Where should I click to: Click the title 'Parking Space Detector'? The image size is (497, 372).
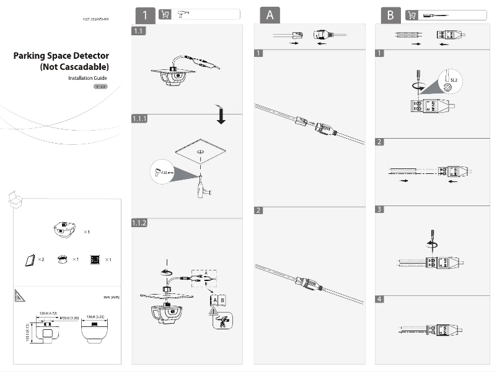coord(61,56)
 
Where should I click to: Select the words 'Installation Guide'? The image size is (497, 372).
coord(87,79)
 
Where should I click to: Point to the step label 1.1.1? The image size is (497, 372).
coord(140,118)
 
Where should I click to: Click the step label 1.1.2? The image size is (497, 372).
coord(140,223)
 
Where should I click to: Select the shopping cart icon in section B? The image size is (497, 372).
coord(411,15)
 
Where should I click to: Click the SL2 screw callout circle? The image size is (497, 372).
coord(451,79)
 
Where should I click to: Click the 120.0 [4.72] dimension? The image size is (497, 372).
coord(48,313)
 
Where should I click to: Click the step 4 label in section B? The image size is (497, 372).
coord(380,300)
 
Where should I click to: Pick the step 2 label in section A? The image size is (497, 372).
coord(259,210)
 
